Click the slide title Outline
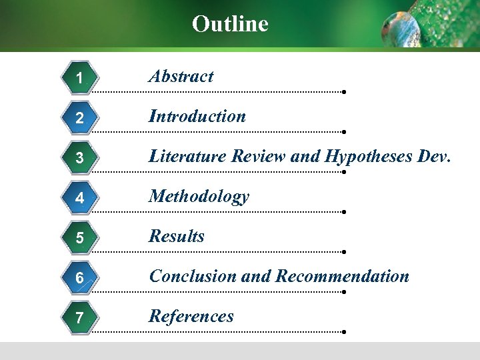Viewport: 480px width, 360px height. pyautogui.click(x=230, y=24)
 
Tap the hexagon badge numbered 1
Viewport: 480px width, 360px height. pyautogui.click(x=80, y=78)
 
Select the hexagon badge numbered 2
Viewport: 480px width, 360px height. pyautogui.click(x=80, y=118)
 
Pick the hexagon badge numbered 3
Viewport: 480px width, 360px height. pyautogui.click(x=80, y=158)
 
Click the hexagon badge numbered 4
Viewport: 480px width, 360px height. pyautogui.click(x=80, y=198)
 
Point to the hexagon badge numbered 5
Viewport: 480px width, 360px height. pyautogui.click(x=80, y=238)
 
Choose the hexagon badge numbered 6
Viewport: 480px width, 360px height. pyautogui.click(x=80, y=278)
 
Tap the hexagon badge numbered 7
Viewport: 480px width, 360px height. pyautogui.click(x=80, y=318)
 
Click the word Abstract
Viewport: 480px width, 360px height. pyautogui.click(x=181, y=76)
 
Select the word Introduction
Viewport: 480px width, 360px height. pyautogui.click(x=197, y=116)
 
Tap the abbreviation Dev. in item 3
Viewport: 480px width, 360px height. pyautogui.click(x=435, y=156)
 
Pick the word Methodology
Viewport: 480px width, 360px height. pyautogui.click(x=199, y=197)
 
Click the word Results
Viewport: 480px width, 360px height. pyautogui.click(x=177, y=236)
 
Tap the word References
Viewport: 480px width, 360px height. pyautogui.click(x=191, y=316)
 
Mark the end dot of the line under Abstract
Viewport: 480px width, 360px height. pyautogui.click(x=343, y=92)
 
